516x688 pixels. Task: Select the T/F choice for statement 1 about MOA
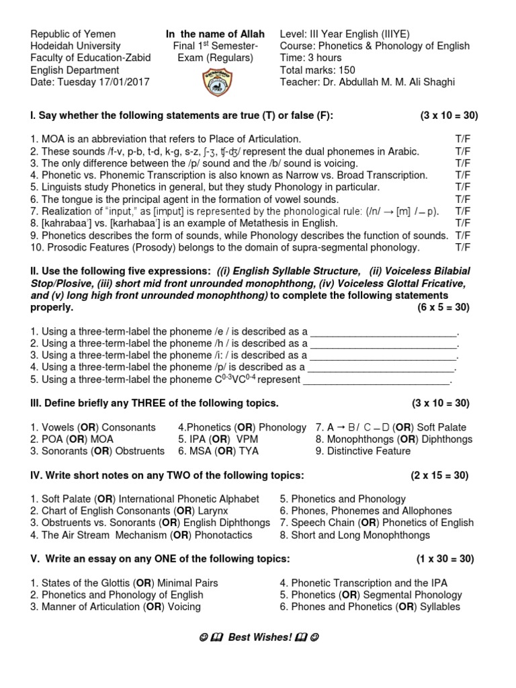(x=462, y=139)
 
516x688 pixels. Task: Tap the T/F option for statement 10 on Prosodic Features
(x=462, y=247)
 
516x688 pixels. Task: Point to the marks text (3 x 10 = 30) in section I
(x=449, y=116)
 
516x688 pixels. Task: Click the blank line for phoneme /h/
(x=384, y=344)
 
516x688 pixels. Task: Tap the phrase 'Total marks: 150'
(x=318, y=70)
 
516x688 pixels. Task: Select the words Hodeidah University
(x=76, y=46)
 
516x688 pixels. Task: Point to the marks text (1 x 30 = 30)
(x=444, y=559)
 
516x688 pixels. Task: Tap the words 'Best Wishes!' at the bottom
(x=259, y=637)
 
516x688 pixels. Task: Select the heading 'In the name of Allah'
(x=215, y=34)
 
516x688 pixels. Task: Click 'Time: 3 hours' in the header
(x=310, y=58)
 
